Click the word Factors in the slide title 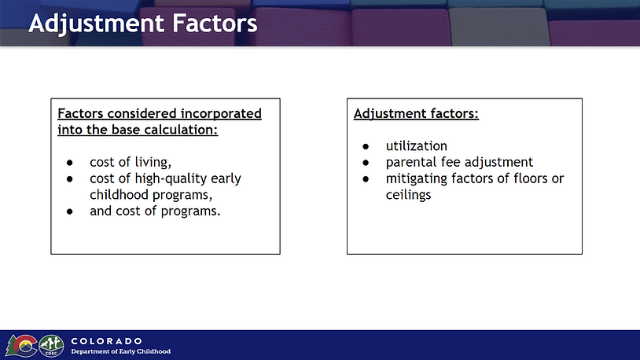coord(215,23)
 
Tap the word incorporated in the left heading coord(221,114)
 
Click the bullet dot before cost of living coord(70,163)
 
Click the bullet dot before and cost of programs coord(70,212)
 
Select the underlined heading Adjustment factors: coord(416,113)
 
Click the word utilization coord(417,146)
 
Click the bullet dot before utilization coord(366,146)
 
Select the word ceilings coord(408,195)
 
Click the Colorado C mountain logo coord(21,346)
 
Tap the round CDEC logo coord(51,346)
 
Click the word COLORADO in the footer coord(106,341)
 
